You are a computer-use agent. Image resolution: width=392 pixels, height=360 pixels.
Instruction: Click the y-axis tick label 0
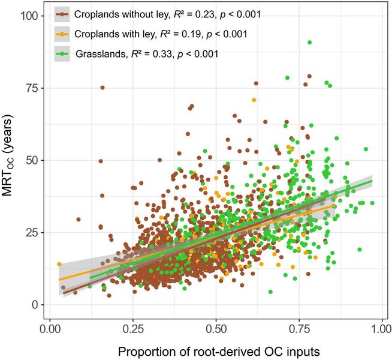[35, 305]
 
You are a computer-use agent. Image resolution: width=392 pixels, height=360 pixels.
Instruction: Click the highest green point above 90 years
[309, 43]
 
